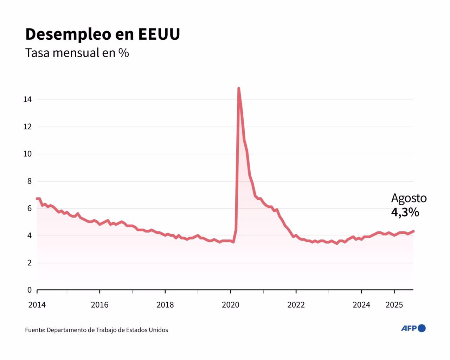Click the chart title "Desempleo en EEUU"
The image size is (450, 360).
pyautogui.click(x=102, y=34)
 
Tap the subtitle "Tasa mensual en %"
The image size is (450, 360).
pyautogui.click(x=77, y=53)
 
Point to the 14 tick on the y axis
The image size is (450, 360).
pyautogui.click(x=27, y=99)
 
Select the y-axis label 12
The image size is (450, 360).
pyautogui.click(x=27, y=127)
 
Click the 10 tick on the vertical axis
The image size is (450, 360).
pyautogui.click(x=27, y=154)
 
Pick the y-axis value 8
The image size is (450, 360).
pyautogui.click(x=29, y=181)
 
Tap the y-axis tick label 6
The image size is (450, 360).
pyautogui.click(x=29, y=208)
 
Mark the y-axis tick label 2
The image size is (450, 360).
pyautogui.click(x=29, y=263)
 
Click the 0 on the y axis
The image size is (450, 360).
pyautogui.click(x=29, y=290)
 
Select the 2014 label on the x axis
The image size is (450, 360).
pyautogui.click(x=37, y=305)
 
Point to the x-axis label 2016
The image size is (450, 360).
pyautogui.click(x=99, y=305)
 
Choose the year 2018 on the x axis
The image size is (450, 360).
pyautogui.click(x=165, y=305)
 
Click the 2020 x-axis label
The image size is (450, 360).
pyautogui.click(x=231, y=305)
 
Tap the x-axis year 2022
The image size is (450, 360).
pyautogui.click(x=296, y=305)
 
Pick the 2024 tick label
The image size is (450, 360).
pyautogui.click(x=361, y=305)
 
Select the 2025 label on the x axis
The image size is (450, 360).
pyautogui.click(x=394, y=305)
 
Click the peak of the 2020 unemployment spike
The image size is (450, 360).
pyautogui.click(x=239, y=89)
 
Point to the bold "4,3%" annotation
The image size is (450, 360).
pyautogui.click(x=405, y=212)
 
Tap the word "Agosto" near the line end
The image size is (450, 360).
pyautogui.click(x=409, y=198)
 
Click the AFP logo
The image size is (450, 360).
pyautogui.click(x=413, y=328)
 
